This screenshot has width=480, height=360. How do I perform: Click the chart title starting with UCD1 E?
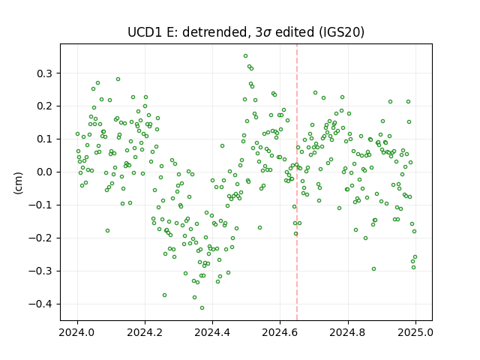pos(246,32)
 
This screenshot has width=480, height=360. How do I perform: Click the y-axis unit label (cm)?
pos(18,183)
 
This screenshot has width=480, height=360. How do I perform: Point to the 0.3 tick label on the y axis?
pos(44,73)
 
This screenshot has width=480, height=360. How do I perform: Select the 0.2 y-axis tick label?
pos(44,106)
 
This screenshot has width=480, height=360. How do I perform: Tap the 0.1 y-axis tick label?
pos(44,139)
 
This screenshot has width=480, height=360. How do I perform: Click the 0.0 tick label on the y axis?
pos(44,172)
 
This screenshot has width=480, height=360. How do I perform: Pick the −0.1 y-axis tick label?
pos(40,205)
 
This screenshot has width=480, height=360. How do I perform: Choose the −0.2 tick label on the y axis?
pos(40,238)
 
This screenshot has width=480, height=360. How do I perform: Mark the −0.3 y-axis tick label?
pos(40,271)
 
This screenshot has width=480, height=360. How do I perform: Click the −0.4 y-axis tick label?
pos(40,304)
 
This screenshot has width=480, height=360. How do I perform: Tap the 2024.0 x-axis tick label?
pos(77,332)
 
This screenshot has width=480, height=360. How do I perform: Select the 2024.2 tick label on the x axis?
pos(145,332)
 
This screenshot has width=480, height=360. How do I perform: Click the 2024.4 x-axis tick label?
pos(212,332)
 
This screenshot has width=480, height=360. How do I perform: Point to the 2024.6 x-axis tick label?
pos(280,332)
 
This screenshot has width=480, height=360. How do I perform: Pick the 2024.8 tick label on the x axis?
pos(348,332)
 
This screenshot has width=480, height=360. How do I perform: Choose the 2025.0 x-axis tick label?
pos(415,332)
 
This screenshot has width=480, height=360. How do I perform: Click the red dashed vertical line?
pos(297,182)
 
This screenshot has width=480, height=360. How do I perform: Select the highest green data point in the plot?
pos(245,56)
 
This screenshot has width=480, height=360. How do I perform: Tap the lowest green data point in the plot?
pos(202,308)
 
